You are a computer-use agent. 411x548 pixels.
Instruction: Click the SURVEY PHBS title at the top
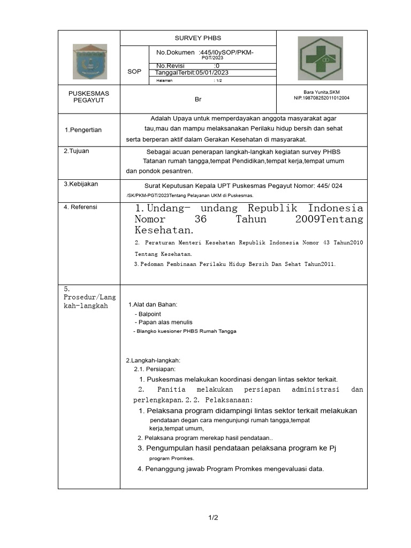[x=197, y=38]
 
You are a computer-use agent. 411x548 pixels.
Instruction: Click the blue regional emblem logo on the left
[x=89, y=62]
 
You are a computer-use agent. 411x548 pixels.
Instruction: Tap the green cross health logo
[x=320, y=58]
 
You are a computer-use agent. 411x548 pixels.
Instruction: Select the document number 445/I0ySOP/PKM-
[x=227, y=52]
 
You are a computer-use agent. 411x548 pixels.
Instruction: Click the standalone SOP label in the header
[x=134, y=71]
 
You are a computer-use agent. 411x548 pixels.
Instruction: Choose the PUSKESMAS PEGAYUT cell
[x=89, y=97]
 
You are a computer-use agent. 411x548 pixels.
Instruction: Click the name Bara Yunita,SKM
[x=322, y=92]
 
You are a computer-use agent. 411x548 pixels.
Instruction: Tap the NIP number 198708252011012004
[x=322, y=98]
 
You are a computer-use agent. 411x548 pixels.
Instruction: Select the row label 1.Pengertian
[x=83, y=130]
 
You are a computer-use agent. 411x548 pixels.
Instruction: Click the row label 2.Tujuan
[x=77, y=151]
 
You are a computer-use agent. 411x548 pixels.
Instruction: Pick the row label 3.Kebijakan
[x=81, y=184]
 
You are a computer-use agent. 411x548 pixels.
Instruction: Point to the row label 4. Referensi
[x=80, y=207]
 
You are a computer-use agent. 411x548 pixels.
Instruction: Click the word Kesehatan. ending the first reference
[x=164, y=231]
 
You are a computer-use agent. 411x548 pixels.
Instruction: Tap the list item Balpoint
[x=149, y=314]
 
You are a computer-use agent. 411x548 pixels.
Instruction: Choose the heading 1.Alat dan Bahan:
[x=153, y=305]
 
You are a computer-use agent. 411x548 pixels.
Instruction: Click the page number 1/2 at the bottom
[x=213, y=517]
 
